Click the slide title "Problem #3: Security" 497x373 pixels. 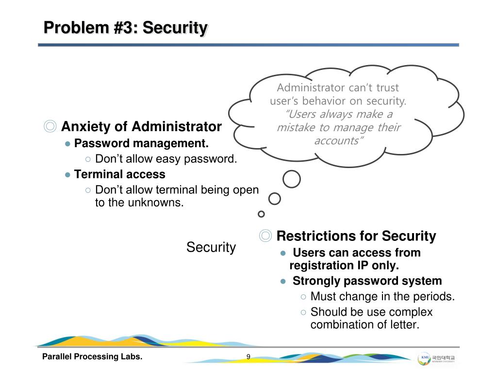point(125,28)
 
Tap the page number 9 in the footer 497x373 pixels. point(248,357)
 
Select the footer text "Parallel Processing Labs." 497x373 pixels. point(92,357)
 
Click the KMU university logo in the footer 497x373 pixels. point(439,358)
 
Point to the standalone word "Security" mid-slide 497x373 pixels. point(211,247)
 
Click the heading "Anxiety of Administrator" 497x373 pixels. point(141,127)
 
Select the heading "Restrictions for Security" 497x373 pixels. point(356,237)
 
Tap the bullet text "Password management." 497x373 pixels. point(141,144)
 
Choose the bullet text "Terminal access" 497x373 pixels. point(119,174)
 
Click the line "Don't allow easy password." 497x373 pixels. point(166,159)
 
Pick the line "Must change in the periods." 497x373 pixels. point(382,296)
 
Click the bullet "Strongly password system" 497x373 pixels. point(367,281)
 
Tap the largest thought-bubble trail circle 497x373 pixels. point(291,179)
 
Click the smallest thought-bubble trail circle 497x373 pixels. point(261,214)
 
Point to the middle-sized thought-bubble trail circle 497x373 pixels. point(275,199)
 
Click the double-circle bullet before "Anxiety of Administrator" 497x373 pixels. point(50,127)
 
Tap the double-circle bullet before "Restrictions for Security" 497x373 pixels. point(265,237)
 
